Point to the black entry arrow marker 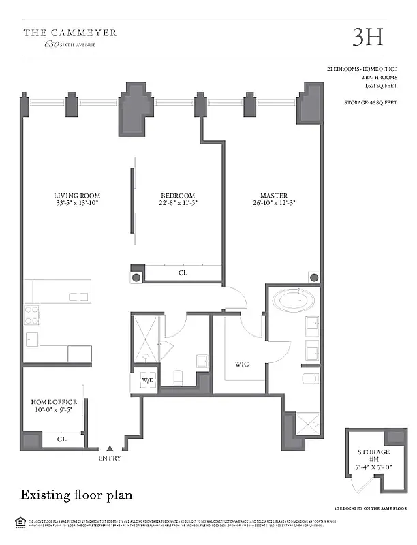(x=110, y=448)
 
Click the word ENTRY (x=110, y=458)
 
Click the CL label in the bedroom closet (x=183, y=273)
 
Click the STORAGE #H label (x=373, y=456)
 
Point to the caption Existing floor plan (x=76, y=493)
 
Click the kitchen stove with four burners (x=32, y=314)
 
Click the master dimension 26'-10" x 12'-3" (x=273, y=203)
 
